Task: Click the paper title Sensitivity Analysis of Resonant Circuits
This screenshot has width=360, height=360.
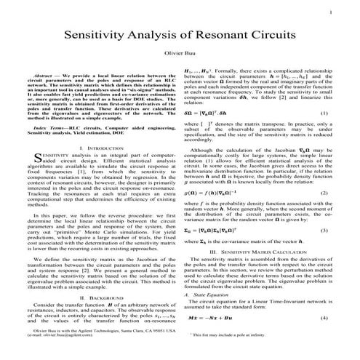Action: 180,35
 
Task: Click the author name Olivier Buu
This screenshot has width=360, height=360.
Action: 180,55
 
